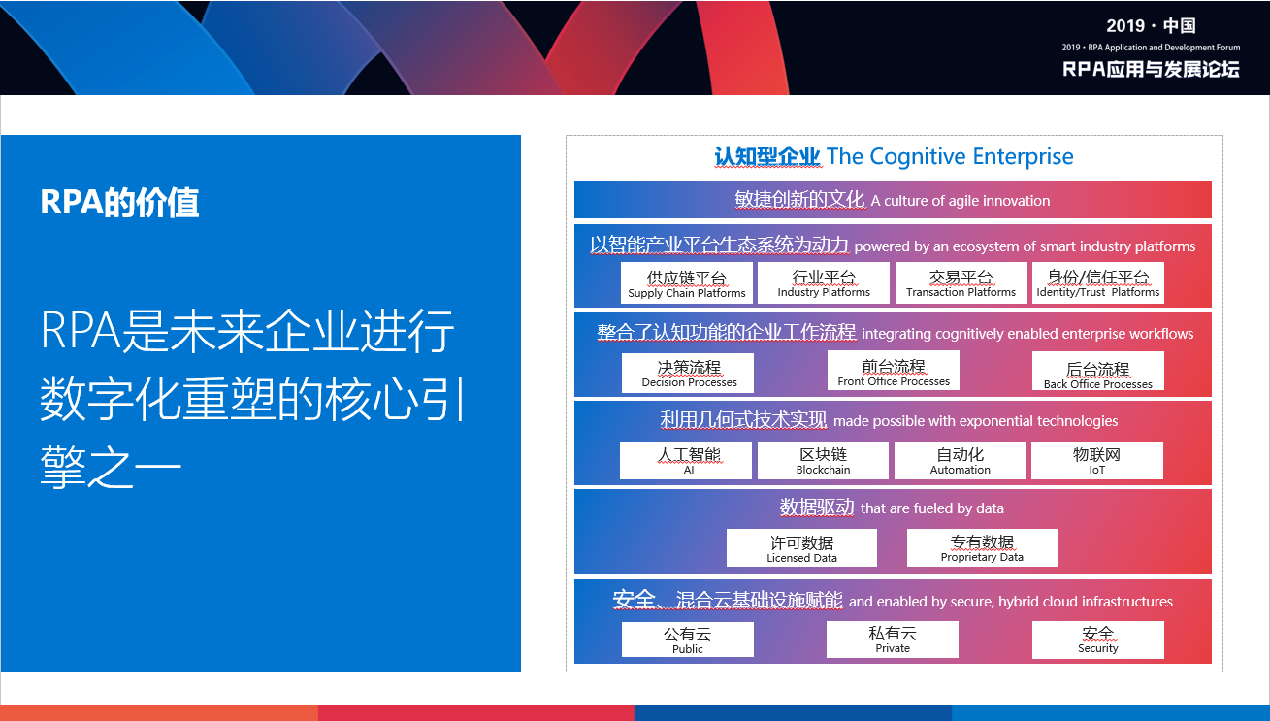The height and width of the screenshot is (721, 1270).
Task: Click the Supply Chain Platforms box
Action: [687, 282]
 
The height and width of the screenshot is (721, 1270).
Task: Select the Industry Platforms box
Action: [824, 282]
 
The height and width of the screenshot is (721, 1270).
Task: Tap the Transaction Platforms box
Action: [961, 282]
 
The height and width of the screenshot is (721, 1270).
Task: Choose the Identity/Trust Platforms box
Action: [1098, 282]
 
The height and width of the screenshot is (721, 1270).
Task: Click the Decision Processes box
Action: [688, 373]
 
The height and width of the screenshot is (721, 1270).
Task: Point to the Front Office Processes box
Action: [894, 371]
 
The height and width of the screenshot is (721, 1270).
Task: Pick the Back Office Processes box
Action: [1098, 371]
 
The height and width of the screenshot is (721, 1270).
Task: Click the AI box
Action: [686, 460]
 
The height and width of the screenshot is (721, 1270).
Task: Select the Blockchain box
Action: [824, 460]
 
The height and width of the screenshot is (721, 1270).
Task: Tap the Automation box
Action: [961, 460]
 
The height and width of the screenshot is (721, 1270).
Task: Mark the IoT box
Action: [1097, 460]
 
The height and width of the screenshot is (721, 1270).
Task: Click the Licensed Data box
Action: [801, 547]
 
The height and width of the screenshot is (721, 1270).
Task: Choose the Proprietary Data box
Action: [982, 547]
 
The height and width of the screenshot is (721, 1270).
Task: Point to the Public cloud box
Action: [688, 639]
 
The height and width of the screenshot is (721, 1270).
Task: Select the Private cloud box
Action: [893, 639]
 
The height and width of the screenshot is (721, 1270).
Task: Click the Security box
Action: [1098, 639]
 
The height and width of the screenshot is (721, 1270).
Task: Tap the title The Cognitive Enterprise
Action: [950, 156]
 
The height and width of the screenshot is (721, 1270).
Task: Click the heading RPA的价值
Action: [119, 202]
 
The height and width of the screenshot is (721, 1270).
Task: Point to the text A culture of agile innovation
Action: [961, 201]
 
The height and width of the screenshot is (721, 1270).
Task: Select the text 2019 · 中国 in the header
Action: [1151, 25]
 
